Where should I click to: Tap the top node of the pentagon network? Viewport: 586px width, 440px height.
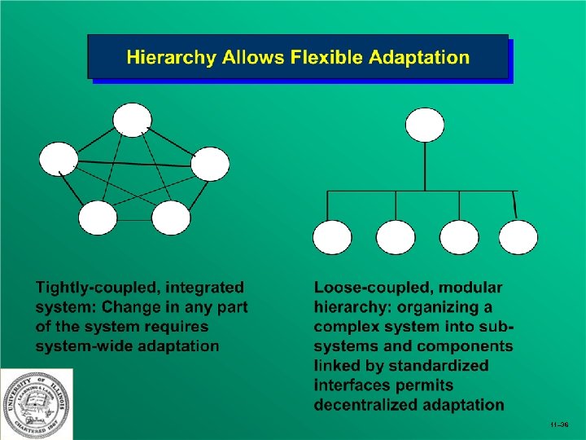click(132, 119)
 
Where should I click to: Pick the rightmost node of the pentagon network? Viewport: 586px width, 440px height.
click(210, 163)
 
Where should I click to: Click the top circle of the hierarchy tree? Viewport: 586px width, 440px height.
click(425, 125)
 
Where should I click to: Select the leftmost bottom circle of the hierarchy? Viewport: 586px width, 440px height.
click(333, 237)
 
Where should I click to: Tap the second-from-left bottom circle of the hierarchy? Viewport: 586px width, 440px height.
click(396, 237)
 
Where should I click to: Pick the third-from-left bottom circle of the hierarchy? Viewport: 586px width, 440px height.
click(459, 237)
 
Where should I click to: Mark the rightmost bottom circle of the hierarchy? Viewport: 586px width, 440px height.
click(518, 237)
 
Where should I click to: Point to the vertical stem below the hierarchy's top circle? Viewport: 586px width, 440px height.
click(425, 167)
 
